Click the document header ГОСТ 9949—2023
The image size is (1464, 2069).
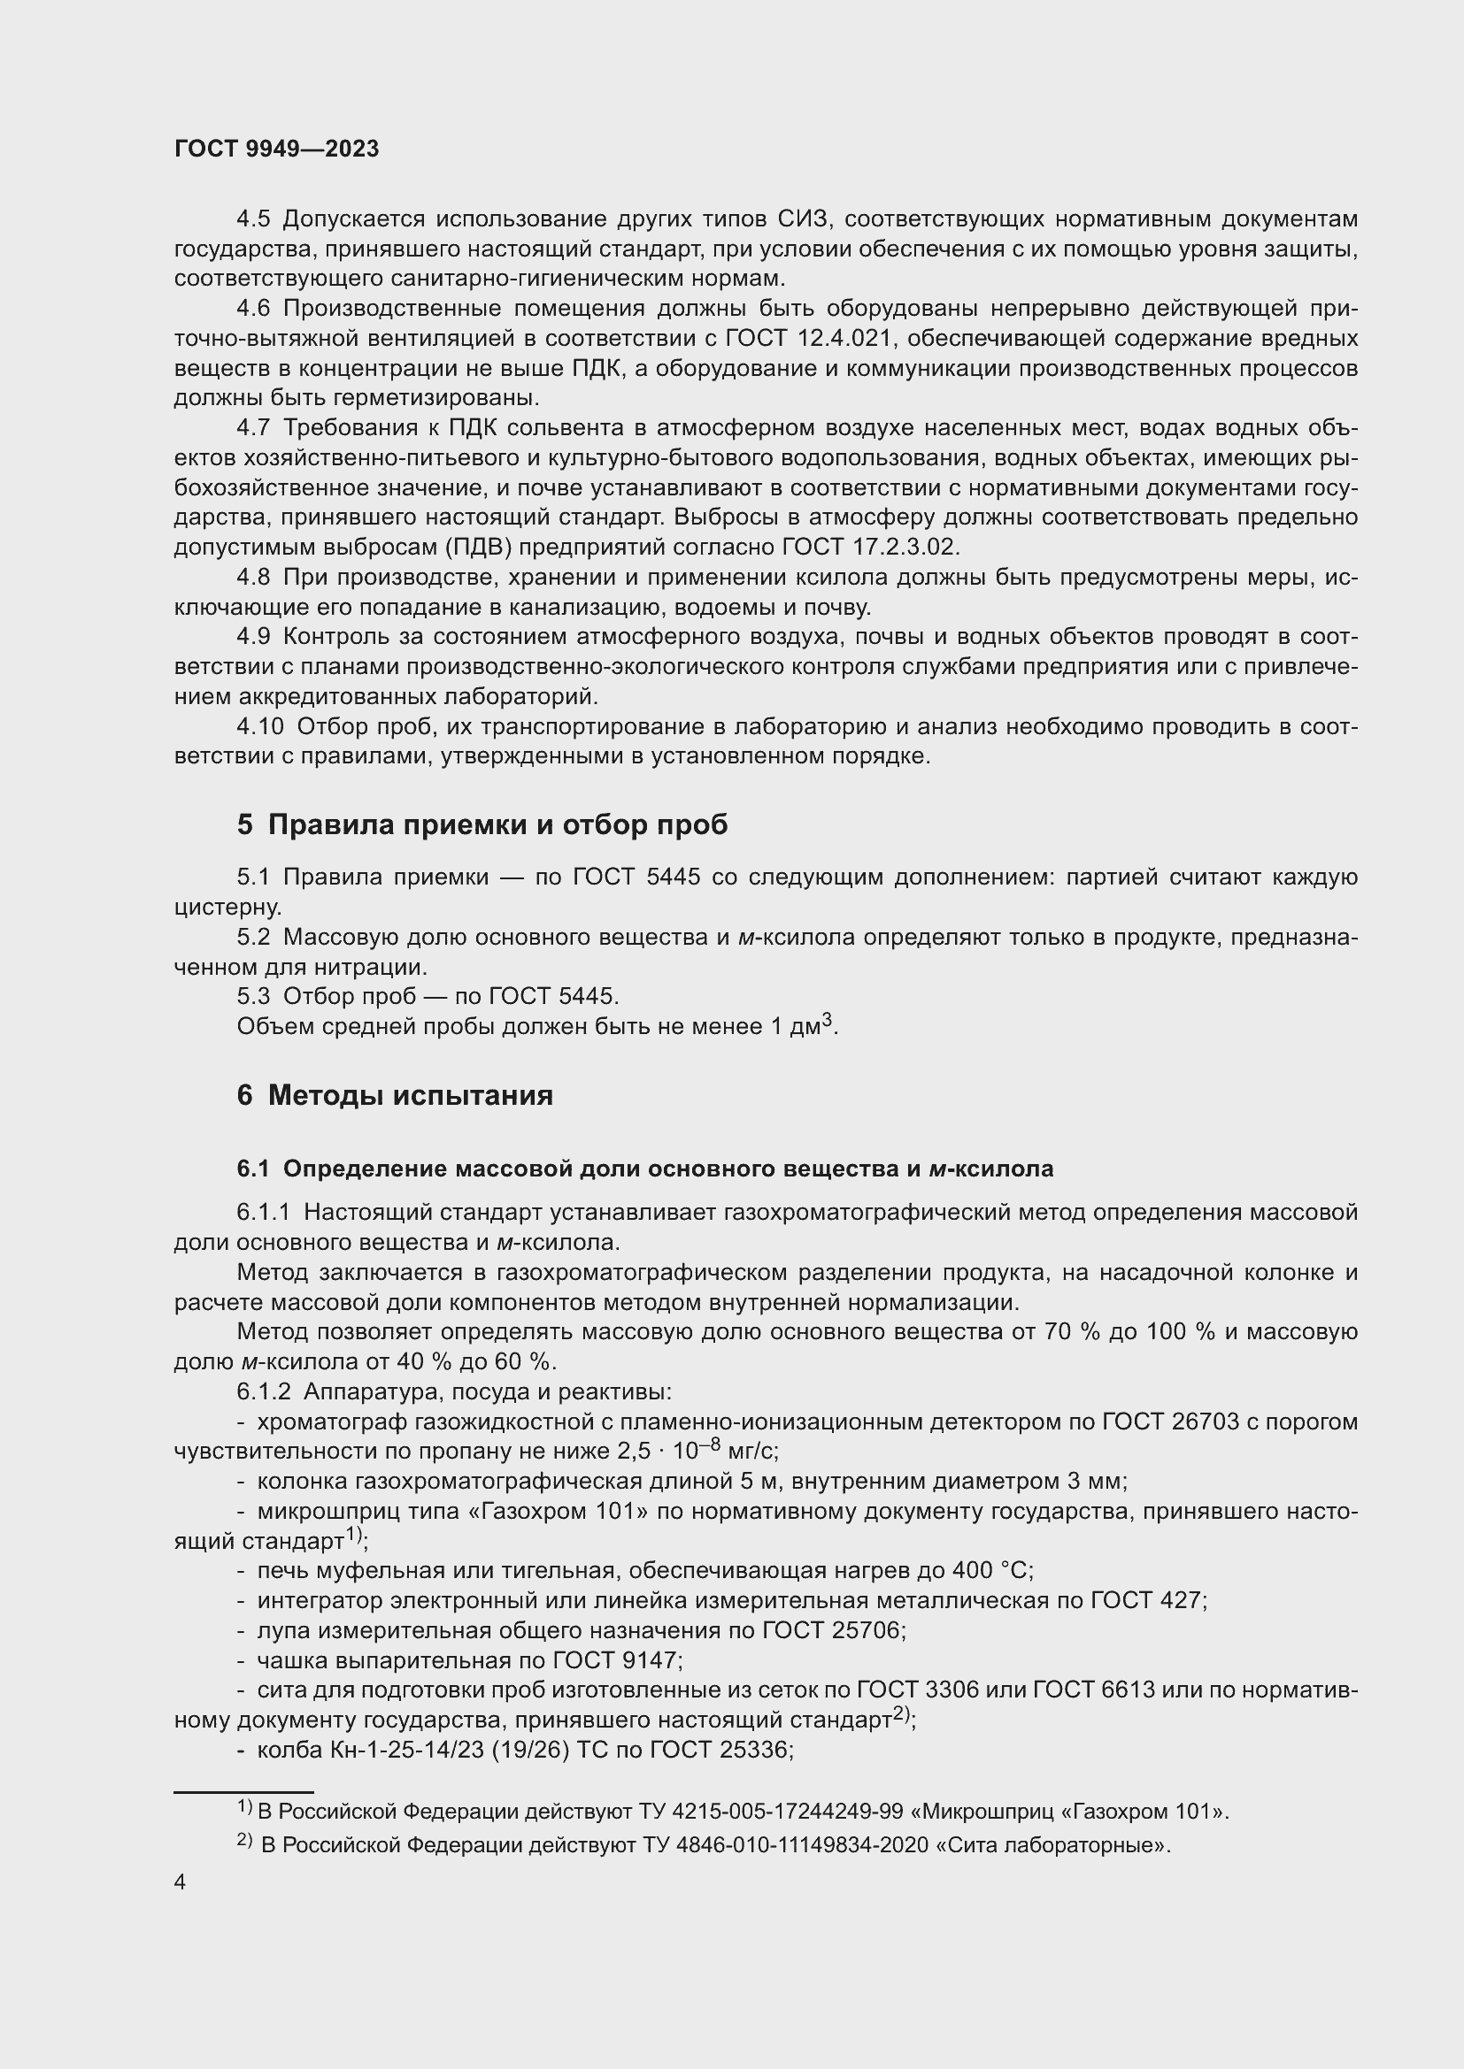[276, 149]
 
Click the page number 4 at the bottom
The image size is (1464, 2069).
[180, 1882]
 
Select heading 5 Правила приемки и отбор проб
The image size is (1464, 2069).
[482, 824]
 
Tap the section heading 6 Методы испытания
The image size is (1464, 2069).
[395, 1095]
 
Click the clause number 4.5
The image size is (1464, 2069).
[253, 219]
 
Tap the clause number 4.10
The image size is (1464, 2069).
[259, 726]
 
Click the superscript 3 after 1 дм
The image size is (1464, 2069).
[827, 1019]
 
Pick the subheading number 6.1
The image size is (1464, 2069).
[253, 1169]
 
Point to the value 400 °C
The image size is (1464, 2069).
[990, 1571]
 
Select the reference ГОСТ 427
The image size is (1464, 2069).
[1145, 1600]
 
